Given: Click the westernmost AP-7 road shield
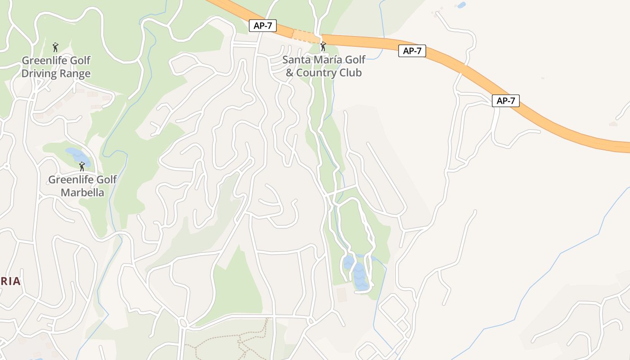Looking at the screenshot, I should pyautogui.click(x=263, y=26).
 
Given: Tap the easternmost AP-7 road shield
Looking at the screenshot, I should pyautogui.click(x=505, y=101).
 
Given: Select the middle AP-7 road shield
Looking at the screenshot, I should pyautogui.click(x=412, y=51).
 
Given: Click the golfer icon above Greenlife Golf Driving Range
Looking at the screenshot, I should pyautogui.click(x=55, y=47).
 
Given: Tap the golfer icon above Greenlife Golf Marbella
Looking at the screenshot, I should pyautogui.click(x=81, y=166).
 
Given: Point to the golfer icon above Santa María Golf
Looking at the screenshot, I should pyautogui.click(x=323, y=46).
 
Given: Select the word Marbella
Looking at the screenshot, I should pyautogui.click(x=83, y=193).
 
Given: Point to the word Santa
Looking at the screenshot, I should pyautogui.click(x=296, y=60).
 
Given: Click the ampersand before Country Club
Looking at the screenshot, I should pyautogui.click(x=289, y=72).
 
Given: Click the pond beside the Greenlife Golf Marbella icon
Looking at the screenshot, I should pyautogui.click(x=73, y=154).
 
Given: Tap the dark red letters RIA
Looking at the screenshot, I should pyautogui.click(x=10, y=281).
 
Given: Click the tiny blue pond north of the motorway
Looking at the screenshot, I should pyautogui.click(x=461, y=5).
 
